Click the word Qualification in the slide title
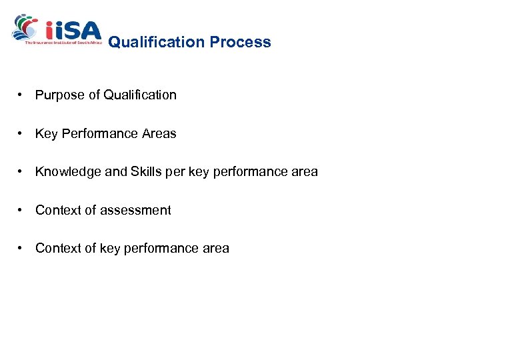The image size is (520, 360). point(157,42)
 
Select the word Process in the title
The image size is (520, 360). point(241,42)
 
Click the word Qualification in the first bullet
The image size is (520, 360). point(140,95)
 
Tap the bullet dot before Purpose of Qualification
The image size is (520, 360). point(22,95)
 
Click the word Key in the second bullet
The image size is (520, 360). point(46,134)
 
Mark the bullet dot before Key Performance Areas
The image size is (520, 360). point(22,134)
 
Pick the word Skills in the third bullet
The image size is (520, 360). point(147,172)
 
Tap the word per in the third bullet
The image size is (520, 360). point(176,172)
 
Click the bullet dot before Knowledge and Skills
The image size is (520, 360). point(22,172)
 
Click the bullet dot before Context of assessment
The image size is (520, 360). point(22,211)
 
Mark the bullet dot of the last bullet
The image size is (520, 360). point(22,249)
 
